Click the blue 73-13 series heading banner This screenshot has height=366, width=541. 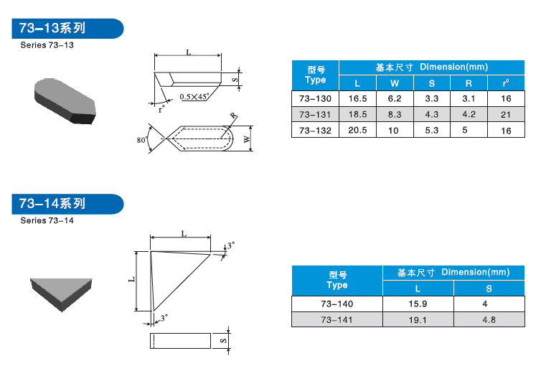(67, 28)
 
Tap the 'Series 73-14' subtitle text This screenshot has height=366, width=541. (47, 220)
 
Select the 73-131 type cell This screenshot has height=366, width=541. (315, 115)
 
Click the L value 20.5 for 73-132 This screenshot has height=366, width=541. (357, 131)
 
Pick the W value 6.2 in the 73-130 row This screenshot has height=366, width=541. (395, 98)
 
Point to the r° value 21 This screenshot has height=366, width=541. (506, 115)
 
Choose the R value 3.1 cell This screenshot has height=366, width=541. (469, 98)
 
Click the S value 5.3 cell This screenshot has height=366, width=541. (432, 131)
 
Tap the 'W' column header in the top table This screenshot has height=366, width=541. (395, 83)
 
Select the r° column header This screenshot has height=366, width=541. (506, 83)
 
